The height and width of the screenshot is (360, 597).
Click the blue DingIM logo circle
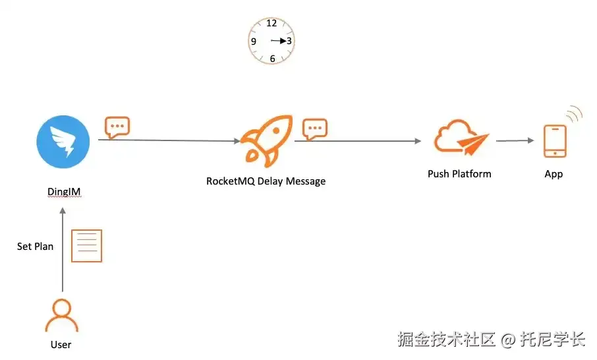[x=64, y=142]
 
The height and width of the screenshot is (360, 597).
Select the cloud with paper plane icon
[x=461, y=137]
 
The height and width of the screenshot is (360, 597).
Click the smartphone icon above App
[x=554, y=142]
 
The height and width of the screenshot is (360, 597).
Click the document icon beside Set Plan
[x=86, y=245]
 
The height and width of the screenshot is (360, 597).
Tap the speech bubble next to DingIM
[x=117, y=126]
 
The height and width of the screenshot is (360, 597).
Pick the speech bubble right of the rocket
[x=314, y=129]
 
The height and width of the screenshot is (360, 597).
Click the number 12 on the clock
[x=271, y=24]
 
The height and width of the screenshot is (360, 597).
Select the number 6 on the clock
[x=272, y=59]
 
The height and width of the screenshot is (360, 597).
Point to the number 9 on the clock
[x=254, y=42]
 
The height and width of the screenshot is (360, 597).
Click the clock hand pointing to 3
[x=279, y=41]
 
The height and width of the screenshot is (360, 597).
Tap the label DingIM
[x=64, y=192]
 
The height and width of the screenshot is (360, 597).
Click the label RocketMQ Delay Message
[x=266, y=181]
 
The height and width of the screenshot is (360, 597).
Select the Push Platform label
[x=459, y=174]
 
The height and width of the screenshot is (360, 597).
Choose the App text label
[x=554, y=174]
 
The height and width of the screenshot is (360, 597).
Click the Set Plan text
[x=35, y=247]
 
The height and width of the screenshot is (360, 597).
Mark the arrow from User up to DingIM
[x=63, y=251]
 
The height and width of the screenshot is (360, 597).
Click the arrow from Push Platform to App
[x=515, y=140]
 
